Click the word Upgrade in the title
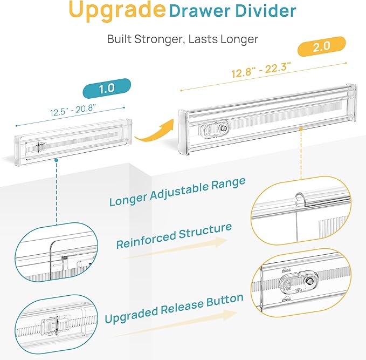pyautogui.click(x=116, y=11)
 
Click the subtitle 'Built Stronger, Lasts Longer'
pyautogui.click(x=183, y=39)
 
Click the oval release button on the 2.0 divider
pyautogui.click(x=215, y=130)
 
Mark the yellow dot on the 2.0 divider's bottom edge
pyautogui.click(x=301, y=129)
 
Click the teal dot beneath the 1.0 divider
pyautogui.click(x=56, y=160)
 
